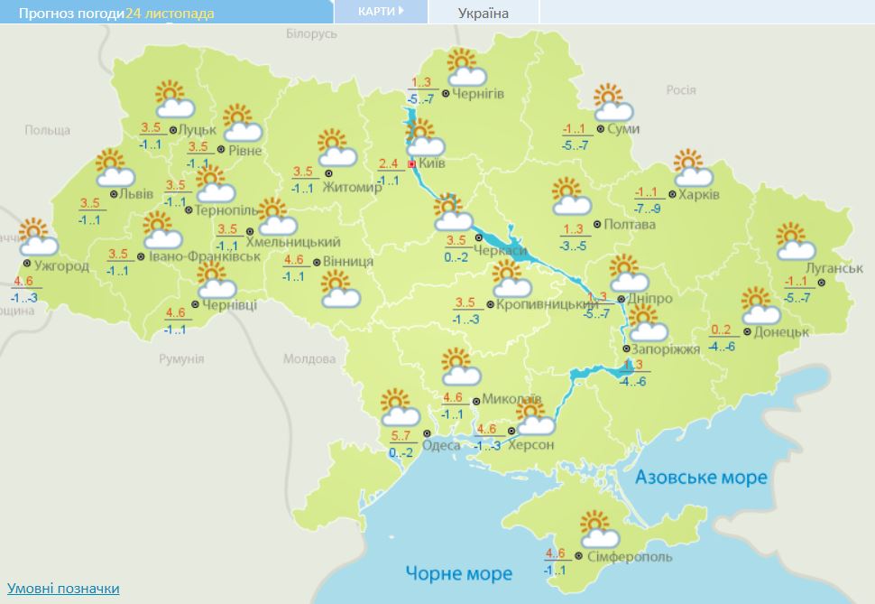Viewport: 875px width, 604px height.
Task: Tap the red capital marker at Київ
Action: (412, 165)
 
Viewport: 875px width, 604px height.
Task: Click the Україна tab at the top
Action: (484, 13)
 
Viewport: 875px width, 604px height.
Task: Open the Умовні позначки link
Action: (63, 588)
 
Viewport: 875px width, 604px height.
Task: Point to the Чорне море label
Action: (458, 573)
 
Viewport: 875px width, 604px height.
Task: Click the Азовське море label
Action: (701, 477)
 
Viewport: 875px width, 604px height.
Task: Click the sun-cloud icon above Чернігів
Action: (467, 67)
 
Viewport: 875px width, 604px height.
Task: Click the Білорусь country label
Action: (310, 33)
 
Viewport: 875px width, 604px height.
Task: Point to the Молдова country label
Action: (309, 358)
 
